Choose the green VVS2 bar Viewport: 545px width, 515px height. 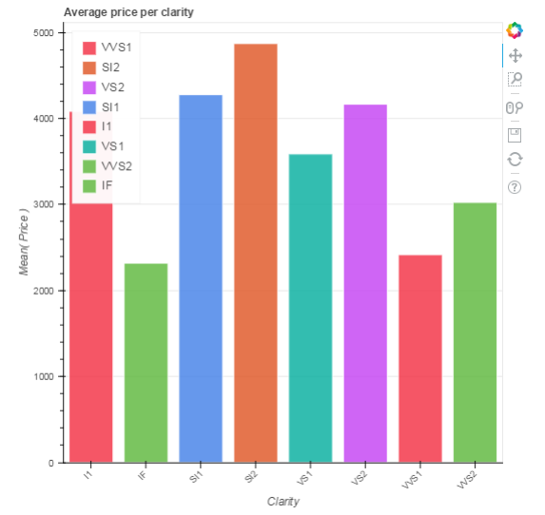pyautogui.click(x=476, y=333)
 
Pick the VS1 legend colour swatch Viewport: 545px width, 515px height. pyautogui.click(x=90, y=145)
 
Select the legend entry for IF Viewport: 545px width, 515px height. pyautogui.click(x=107, y=185)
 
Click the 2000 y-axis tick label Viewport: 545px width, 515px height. pyautogui.click(x=44, y=291)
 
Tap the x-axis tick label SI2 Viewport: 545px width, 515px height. pyautogui.click(x=251, y=477)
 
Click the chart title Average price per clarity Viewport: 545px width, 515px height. pyautogui.click(x=129, y=11)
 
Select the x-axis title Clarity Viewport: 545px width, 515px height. pyautogui.click(x=283, y=501)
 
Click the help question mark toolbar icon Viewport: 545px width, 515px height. pyautogui.click(x=515, y=186)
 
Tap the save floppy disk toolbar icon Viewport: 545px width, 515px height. pyautogui.click(x=515, y=134)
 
